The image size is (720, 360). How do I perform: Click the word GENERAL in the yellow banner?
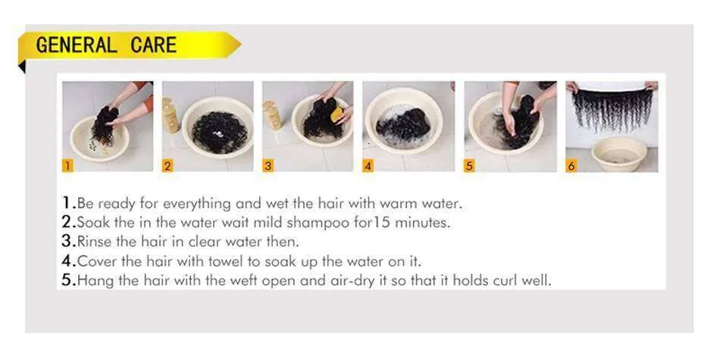76,45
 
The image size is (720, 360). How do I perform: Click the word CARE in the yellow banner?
153,45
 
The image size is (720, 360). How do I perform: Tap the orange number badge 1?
67,166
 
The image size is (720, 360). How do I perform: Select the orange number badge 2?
167,166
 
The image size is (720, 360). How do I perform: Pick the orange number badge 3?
268,166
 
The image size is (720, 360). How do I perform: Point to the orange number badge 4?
368,166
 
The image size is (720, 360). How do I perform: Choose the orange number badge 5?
469,166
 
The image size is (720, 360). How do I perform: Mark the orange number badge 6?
571,166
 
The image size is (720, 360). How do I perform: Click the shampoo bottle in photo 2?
171,115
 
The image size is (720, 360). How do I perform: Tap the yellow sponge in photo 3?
337,114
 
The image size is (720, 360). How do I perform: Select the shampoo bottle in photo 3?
271,114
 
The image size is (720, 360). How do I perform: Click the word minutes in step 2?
422,223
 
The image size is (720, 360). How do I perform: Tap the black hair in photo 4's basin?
403,123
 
